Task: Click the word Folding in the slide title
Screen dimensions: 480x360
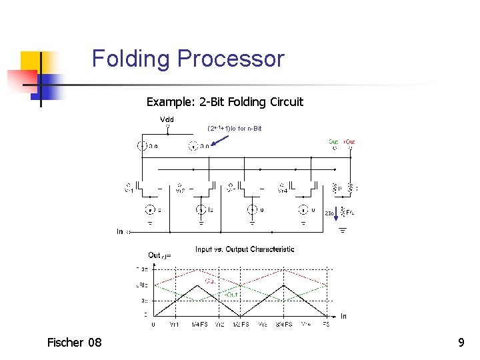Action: click(x=131, y=59)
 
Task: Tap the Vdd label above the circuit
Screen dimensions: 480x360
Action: click(x=167, y=119)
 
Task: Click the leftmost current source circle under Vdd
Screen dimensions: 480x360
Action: click(x=142, y=146)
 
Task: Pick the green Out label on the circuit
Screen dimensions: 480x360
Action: click(x=333, y=141)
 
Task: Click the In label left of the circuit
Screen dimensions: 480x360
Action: click(x=121, y=232)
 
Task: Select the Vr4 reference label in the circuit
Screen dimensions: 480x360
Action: click(x=283, y=189)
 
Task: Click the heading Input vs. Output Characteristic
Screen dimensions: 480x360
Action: click(x=245, y=249)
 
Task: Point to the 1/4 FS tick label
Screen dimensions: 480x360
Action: click(x=198, y=324)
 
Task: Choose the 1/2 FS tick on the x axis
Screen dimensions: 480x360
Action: click(x=241, y=324)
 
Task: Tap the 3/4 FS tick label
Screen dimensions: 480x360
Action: click(x=284, y=324)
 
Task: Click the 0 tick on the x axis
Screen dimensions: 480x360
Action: click(x=154, y=324)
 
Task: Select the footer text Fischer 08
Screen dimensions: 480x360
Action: click(x=74, y=343)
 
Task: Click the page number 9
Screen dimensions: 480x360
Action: click(x=461, y=343)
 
